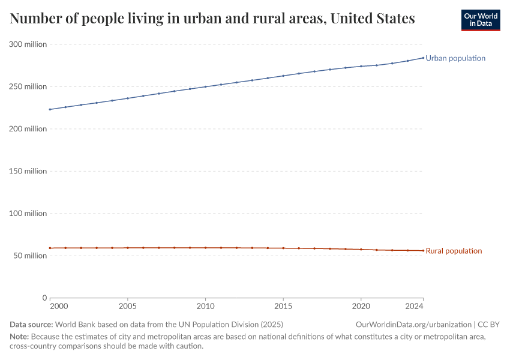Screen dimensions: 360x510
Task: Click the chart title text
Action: (212, 19)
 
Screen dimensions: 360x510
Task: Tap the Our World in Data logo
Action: (480, 20)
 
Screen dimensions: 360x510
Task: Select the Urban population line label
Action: (455, 58)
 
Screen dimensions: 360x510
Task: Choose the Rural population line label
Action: (454, 251)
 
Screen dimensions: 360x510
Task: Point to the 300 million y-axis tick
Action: (28, 44)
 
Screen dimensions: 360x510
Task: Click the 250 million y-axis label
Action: (28, 86)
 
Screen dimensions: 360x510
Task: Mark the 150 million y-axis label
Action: (28, 171)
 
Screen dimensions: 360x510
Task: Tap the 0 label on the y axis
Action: (44, 298)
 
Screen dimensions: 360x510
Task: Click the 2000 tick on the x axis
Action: (59, 307)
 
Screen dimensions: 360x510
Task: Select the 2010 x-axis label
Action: (205, 307)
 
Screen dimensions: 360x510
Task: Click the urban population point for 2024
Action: (423, 58)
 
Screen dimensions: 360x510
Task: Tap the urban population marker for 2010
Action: (205, 86)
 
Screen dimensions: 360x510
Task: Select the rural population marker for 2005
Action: (128, 248)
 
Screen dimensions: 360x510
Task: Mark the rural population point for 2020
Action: (361, 249)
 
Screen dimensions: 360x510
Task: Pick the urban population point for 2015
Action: (283, 76)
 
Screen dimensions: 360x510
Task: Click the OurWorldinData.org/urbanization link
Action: (413, 325)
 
